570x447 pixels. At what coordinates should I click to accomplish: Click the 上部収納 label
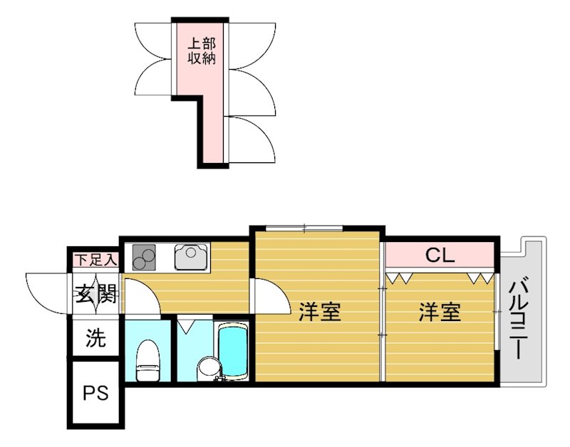click(x=201, y=51)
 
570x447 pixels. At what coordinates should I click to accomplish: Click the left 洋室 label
click(x=318, y=312)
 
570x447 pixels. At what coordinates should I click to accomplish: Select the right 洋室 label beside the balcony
click(x=439, y=312)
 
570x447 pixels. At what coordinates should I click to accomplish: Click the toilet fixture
click(x=148, y=359)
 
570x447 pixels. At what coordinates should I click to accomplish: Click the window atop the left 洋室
click(x=304, y=228)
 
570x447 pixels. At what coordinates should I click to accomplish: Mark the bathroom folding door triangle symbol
click(x=187, y=326)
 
